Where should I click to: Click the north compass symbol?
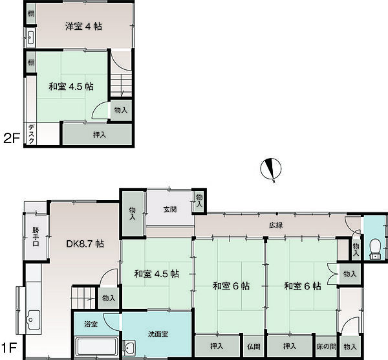[271, 169]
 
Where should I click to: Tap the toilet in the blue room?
[376, 249]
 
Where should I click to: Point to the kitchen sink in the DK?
[34, 320]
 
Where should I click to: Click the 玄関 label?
[170, 209]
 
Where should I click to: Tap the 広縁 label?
[276, 225]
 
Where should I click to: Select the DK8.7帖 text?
[85, 244]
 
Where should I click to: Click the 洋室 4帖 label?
[83, 27]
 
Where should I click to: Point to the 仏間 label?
[253, 346]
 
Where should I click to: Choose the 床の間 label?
[327, 346]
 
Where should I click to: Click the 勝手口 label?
[36, 237]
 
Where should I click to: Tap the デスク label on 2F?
[31, 134]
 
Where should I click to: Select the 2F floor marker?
[12, 139]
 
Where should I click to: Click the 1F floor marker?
[10, 348]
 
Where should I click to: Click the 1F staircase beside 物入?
[83, 297]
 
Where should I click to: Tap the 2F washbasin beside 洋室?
[31, 38]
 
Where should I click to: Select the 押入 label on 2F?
[100, 135]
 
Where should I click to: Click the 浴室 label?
[91, 324]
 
